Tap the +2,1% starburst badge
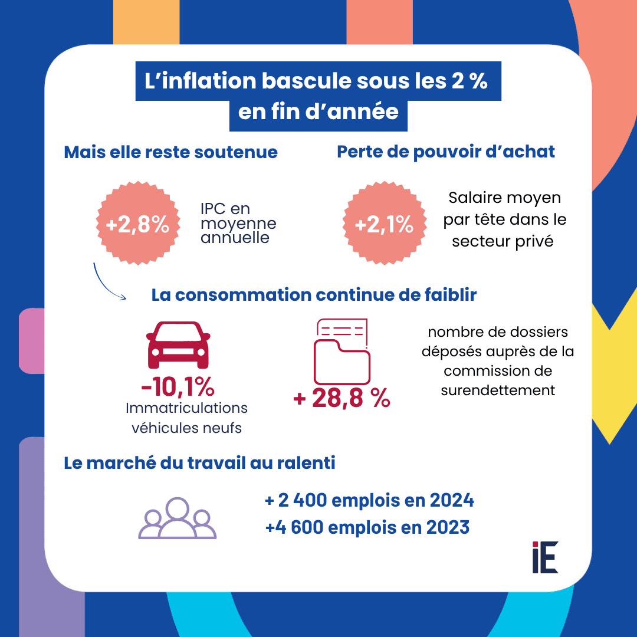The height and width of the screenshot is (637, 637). (x=385, y=224)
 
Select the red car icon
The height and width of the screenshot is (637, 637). (x=178, y=346)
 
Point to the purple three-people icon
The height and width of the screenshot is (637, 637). (x=177, y=518)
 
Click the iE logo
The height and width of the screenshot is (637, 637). (x=544, y=557)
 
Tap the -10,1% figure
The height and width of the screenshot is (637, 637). (x=178, y=388)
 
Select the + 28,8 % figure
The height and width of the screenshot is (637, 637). (x=342, y=399)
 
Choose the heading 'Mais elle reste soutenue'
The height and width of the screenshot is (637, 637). (x=170, y=152)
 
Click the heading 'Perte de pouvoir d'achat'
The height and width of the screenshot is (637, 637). (x=446, y=152)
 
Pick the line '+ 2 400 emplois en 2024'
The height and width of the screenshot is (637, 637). (x=370, y=501)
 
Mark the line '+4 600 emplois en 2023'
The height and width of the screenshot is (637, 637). (x=367, y=527)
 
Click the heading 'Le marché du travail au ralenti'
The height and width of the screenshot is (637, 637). (x=199, y=463)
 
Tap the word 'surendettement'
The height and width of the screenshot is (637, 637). (x=498, y=390)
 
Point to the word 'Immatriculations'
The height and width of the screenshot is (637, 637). (x=186, y=408)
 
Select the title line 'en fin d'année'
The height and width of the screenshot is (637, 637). (x=318, y=111)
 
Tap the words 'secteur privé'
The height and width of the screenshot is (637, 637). (x=503, y=241)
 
